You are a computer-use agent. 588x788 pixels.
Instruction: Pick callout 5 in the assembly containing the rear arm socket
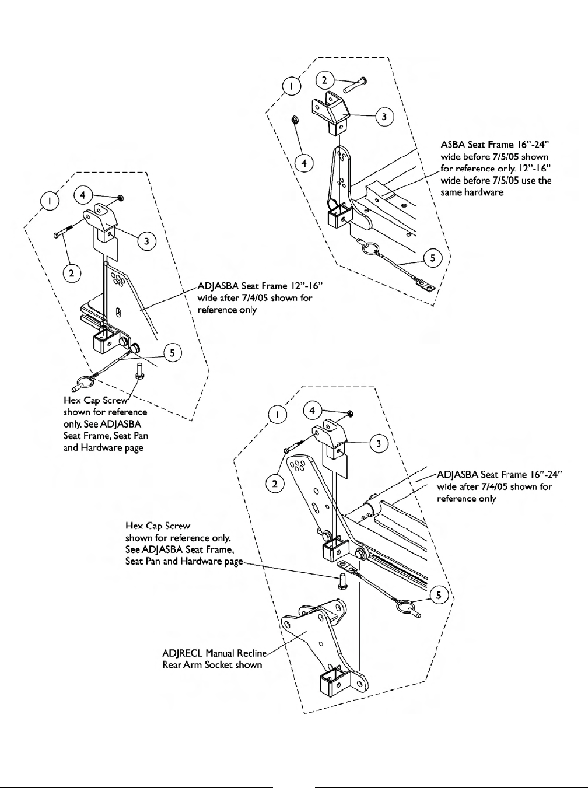pos(440,594)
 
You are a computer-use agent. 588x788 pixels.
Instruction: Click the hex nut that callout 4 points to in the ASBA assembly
pos(295,120)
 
